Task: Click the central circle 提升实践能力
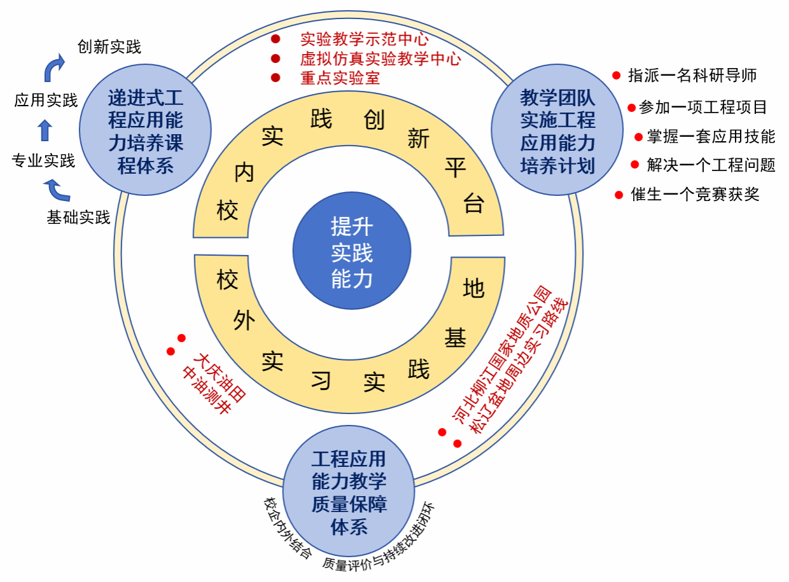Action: (351, 253)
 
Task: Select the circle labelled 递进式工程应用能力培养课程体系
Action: (146, 132)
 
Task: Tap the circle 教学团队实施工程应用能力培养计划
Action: (557, 132)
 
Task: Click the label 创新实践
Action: (109, 47)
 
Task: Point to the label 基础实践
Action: (78, 218)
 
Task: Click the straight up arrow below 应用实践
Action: (45, 130)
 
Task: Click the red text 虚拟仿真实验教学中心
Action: (381, 59)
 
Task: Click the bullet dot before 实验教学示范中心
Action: (276, 39)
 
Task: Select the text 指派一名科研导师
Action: (692, 75)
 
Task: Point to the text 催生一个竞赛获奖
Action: (695, 195)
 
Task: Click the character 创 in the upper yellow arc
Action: (374, 120)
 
